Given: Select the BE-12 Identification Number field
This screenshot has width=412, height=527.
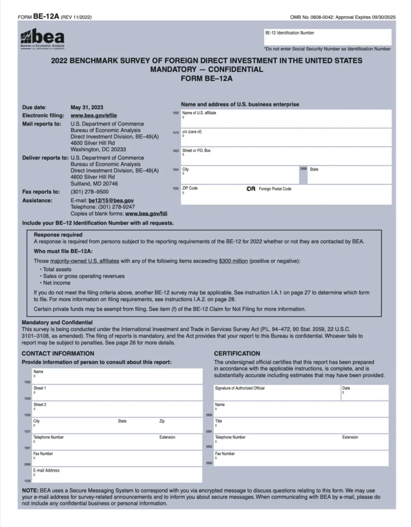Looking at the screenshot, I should coord(327,38).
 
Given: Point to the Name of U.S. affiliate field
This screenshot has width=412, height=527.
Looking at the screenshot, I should coord(285,118).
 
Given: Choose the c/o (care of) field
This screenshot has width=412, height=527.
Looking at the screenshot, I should coord(285,137).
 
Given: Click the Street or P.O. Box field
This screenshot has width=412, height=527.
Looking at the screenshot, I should coord(285,156).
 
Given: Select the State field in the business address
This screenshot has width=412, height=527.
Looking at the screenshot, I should coord(349,175).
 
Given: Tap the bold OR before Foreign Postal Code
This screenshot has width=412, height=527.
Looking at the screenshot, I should coord(251,189).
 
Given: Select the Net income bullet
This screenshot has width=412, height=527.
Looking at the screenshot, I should coord(57,283).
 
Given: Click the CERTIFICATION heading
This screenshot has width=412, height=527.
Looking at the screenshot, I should coord(237,354).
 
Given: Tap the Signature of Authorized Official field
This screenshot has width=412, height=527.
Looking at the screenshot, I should coord(276,393).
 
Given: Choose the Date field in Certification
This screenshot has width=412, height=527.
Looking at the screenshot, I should coord(364,393).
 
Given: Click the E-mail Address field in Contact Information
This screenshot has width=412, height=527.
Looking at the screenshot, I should coord(117,475).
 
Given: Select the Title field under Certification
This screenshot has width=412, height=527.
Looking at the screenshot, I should coord(301,426).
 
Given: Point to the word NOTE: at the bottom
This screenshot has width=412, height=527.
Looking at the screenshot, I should coord(30,490).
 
